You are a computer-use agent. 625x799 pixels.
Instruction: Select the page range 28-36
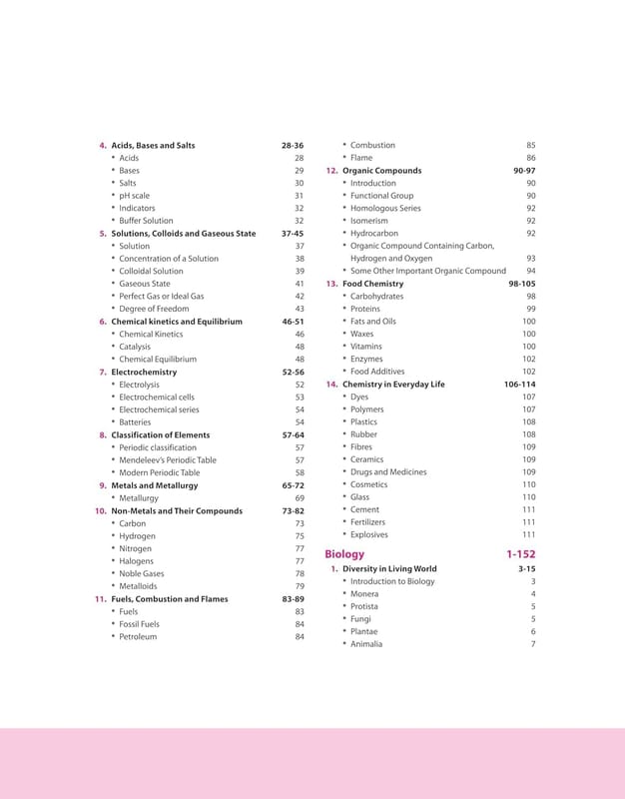pos(293,146)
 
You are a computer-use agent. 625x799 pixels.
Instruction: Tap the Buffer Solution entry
pos(146,221)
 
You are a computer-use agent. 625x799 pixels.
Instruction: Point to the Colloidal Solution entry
pos(151,271)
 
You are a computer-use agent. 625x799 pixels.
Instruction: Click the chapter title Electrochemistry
pos(144,372)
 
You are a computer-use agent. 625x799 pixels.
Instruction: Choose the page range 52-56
pos(293,372)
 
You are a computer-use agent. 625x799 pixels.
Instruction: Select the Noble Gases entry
pos(142,574)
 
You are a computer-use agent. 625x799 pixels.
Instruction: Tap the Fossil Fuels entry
pos(139,624)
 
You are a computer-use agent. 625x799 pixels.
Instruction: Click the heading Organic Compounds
pos(381,171)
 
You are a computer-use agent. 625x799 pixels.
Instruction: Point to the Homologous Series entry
pos(385,209)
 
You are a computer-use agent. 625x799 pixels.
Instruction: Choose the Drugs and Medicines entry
pos(387,472)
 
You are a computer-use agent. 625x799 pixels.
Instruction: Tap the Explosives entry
pos(369,534)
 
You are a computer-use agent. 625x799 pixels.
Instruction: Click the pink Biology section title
pos(344,553)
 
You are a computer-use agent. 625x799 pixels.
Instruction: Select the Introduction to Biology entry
pos(392,581)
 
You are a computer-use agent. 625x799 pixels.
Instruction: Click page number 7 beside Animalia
pos(533,644)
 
